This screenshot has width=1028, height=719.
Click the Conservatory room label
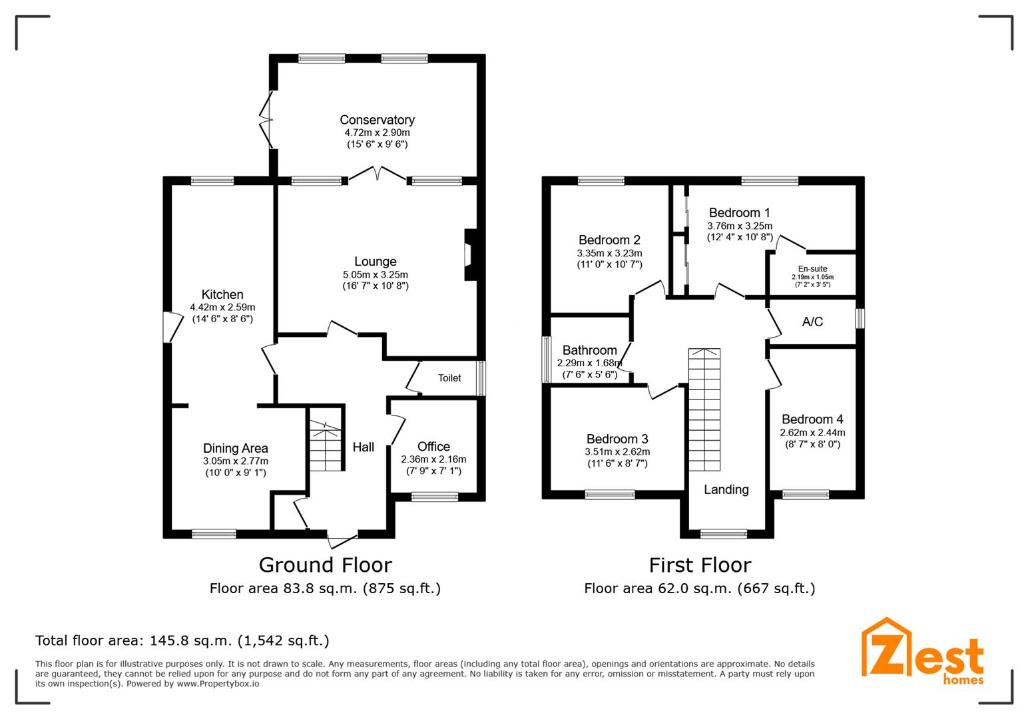377,120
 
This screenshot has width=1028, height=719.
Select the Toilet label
449,378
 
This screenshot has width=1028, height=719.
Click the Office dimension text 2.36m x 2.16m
433,459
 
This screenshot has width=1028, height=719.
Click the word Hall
364,447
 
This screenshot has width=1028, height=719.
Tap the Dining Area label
236,449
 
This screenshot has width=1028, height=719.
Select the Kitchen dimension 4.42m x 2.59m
222,308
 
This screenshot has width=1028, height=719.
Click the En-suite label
812,269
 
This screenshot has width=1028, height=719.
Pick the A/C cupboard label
812,322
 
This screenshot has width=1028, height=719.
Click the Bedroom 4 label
812,419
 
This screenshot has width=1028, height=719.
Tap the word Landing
726,490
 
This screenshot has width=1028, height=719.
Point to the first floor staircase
704,409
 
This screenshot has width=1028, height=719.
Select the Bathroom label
589,350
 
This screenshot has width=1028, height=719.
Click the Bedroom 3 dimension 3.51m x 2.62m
617,452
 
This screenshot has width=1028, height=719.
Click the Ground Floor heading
325,565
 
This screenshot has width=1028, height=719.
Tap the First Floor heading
700,565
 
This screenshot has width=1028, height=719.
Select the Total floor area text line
182,641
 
